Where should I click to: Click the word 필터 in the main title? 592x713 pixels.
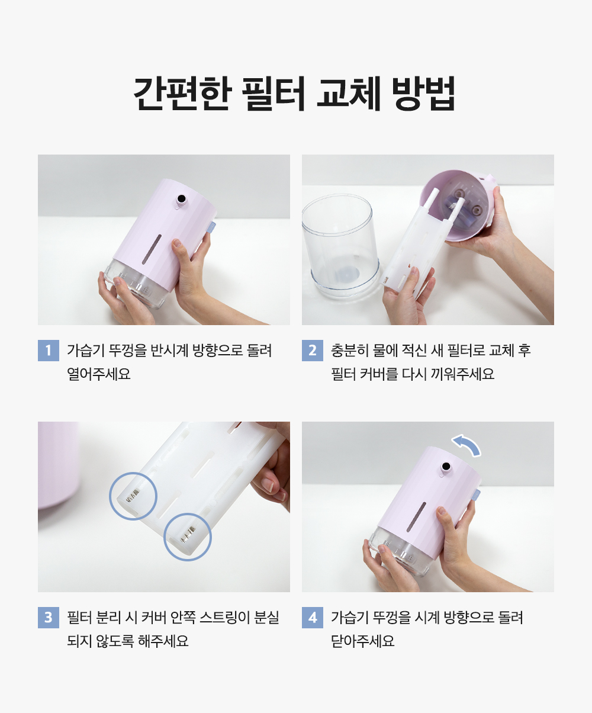[x=273, y=93]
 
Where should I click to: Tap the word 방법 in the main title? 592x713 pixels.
[x=423, y=93]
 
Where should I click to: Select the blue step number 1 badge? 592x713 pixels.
[x=48, y=351]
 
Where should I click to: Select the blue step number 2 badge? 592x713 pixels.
[x=313, y=351]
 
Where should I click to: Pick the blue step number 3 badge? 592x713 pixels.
[x=48, y=618]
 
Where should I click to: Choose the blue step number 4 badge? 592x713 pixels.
[x=313, y=618]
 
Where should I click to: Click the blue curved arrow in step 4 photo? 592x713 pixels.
[x=468, y=444]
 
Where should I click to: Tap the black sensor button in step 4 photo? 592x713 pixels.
[x=446, y=467]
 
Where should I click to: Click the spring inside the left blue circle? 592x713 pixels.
[x=133, y=494]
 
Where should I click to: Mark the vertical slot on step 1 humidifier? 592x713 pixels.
[x=152, y=249]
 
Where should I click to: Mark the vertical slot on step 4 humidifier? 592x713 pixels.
[x=416, y=516]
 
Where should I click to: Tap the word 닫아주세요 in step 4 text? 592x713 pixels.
[x=362, y=641]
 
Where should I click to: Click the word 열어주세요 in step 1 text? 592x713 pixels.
[x=99, y=374]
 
